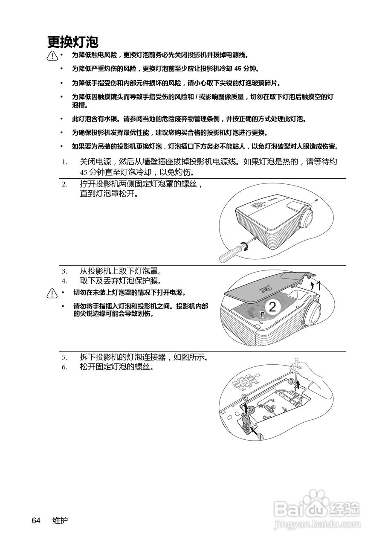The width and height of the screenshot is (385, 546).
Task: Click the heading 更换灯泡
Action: (x=73, y=42)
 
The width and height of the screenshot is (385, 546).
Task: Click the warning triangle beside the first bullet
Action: (x=52, y=55)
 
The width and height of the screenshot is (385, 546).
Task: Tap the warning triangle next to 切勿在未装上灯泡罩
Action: (x=52, y=293)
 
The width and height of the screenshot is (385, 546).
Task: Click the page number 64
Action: (x=36, y=520)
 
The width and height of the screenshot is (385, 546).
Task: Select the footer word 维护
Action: (x=60, y=520)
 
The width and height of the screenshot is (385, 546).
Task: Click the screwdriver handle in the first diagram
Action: (x=227, y=255)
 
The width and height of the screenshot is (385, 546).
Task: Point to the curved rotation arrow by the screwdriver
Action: (x=245, y=246)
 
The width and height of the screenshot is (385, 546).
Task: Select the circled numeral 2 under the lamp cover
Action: (x=272, y=306)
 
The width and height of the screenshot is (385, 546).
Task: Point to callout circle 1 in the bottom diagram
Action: (x=261, y=436)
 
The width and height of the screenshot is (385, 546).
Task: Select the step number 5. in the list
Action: (x=64, y=357)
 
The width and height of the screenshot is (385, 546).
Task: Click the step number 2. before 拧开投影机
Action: (x=64, y=184)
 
